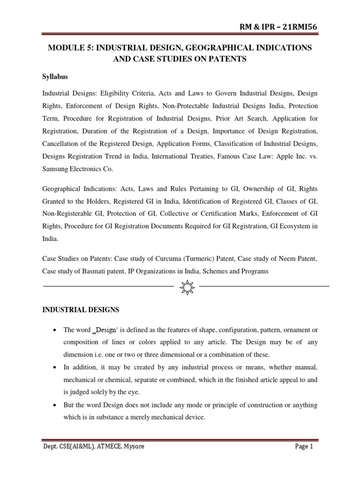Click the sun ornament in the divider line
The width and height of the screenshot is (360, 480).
pyautogui.click(x=187, y=285)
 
